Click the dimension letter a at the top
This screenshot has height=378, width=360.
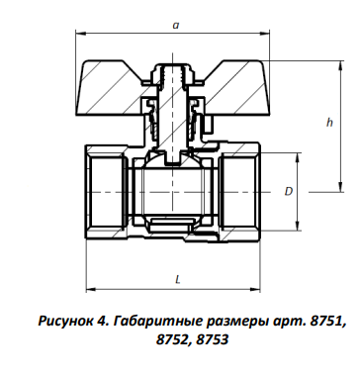click(176, 25)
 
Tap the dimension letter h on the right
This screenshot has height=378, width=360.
click(329, 123)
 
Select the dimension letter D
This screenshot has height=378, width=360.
click(289, 191)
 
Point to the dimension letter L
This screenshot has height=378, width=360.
click(178, 280)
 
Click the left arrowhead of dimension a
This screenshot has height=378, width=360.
click(81, 33)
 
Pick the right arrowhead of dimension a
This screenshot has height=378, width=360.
click(265, 33)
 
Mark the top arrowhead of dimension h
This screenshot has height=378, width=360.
click(339, 65)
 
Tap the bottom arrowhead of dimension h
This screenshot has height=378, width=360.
click(339, 187)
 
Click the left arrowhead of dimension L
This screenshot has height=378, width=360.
click(91, 289)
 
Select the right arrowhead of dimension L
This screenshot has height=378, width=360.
click(255, 289)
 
